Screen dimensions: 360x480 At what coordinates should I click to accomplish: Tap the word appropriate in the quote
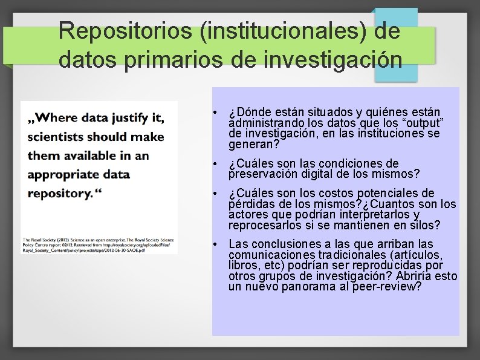point(66,175)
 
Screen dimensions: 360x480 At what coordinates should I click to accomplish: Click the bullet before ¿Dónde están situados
point(215,113)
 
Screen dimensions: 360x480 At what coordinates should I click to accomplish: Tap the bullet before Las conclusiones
point(215,244)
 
